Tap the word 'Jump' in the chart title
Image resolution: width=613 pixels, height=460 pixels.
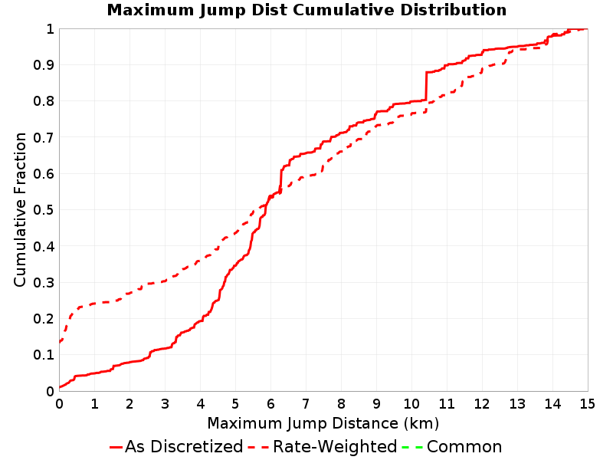point(222,11)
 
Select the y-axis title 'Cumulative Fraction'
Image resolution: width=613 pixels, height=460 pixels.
point(20,209)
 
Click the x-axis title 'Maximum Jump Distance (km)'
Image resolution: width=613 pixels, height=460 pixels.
point(323,424)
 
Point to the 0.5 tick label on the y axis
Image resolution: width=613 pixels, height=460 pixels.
point(44,210)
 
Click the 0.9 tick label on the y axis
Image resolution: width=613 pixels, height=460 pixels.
point(44,65)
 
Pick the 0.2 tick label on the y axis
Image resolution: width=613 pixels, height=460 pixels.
point(44,319)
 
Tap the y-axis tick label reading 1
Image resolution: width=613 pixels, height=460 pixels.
point(50,29)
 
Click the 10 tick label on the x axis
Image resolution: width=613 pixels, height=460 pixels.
point(411,404)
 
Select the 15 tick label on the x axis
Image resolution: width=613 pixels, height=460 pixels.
point(587,404)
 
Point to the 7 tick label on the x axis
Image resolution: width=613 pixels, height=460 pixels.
point(306,404)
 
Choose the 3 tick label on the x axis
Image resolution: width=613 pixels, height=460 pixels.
point(165,404)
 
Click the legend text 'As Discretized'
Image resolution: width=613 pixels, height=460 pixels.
point(184,447)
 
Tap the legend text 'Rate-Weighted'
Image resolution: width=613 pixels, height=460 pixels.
point(335,447)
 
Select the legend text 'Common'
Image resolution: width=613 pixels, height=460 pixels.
point(464,447)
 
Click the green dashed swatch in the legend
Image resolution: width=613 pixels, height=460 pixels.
point(412,447)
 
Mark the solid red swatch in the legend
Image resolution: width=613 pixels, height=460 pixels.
point(116,447)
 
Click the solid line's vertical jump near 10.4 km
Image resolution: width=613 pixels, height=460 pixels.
point(426,86)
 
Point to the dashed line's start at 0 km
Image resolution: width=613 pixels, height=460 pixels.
point(60,342)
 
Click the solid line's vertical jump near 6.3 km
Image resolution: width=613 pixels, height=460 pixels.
point(280,180)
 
